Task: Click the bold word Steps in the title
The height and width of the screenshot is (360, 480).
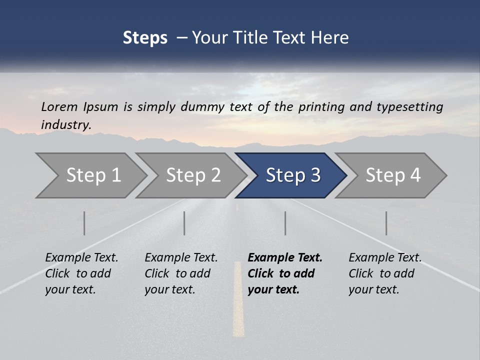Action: [145, 38]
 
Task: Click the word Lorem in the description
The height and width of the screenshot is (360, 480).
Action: [59, 106]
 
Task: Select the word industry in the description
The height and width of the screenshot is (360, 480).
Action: [65, 125]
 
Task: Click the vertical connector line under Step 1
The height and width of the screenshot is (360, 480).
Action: [84, 223]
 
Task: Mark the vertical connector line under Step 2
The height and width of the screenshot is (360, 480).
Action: [184, 223]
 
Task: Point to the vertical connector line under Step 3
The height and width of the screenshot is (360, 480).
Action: [285, 223]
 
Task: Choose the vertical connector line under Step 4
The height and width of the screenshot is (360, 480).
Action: [386, 223]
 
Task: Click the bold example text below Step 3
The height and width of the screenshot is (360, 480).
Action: [284, 273]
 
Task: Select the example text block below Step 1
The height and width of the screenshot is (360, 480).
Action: [81, 273]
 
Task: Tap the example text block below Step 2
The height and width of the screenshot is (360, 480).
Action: [181, 273]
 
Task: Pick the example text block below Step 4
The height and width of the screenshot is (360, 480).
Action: [385, 273]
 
